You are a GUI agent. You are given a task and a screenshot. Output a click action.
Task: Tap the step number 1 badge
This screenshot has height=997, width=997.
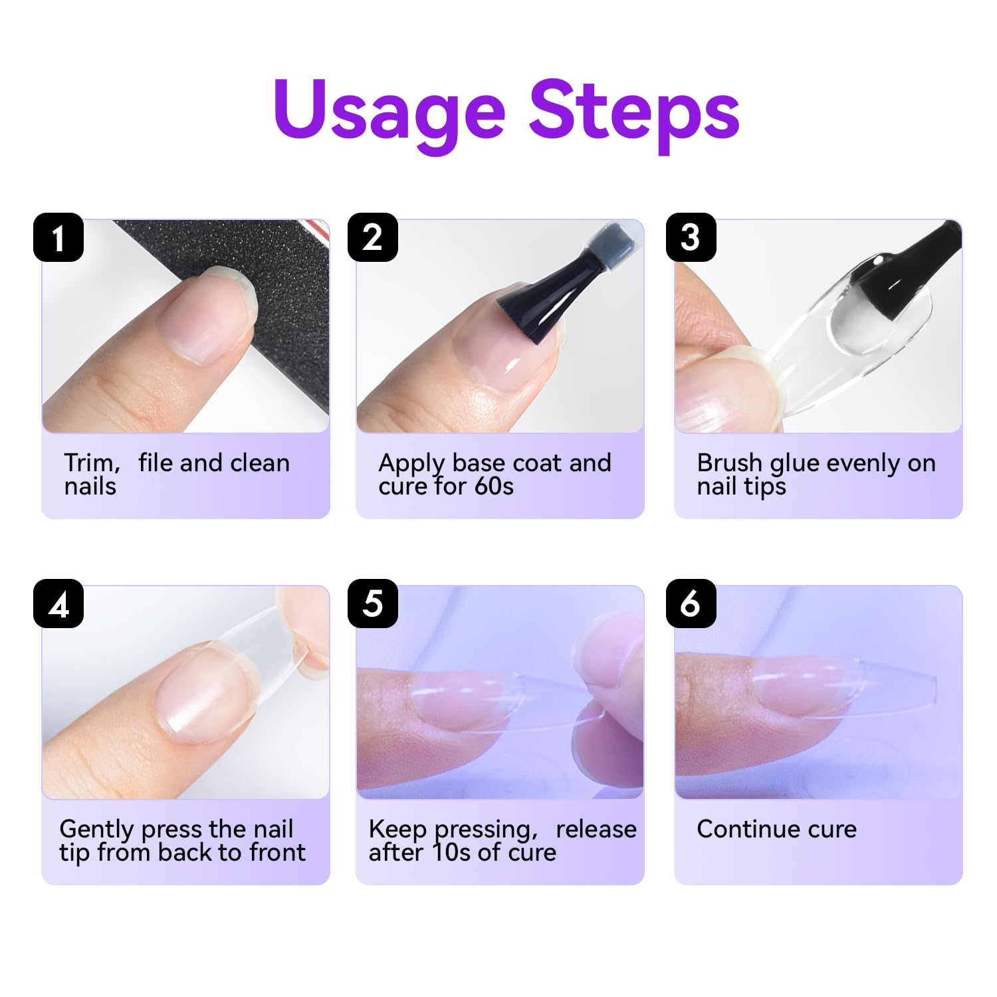click(x=58, y=237)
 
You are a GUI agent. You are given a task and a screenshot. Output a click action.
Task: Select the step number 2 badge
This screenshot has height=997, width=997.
click(x=373, y=237)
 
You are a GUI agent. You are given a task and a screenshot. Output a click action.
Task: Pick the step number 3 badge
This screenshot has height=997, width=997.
click(x=691, y=237)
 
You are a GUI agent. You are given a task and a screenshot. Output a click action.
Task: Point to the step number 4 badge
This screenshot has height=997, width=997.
click(x=58, y=604)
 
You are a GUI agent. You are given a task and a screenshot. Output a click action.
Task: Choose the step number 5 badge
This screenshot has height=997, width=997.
click(x=373, y=604)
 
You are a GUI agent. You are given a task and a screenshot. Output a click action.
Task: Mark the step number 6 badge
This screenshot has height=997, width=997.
click(x=691, y=604)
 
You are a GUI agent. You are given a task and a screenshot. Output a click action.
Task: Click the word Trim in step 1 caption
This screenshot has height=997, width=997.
click(x=91, y=463)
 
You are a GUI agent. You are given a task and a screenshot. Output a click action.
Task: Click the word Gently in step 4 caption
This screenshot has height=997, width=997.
click(x=98, y=830)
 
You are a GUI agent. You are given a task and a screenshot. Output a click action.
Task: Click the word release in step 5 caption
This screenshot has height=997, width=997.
click(x=596, y=830)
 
